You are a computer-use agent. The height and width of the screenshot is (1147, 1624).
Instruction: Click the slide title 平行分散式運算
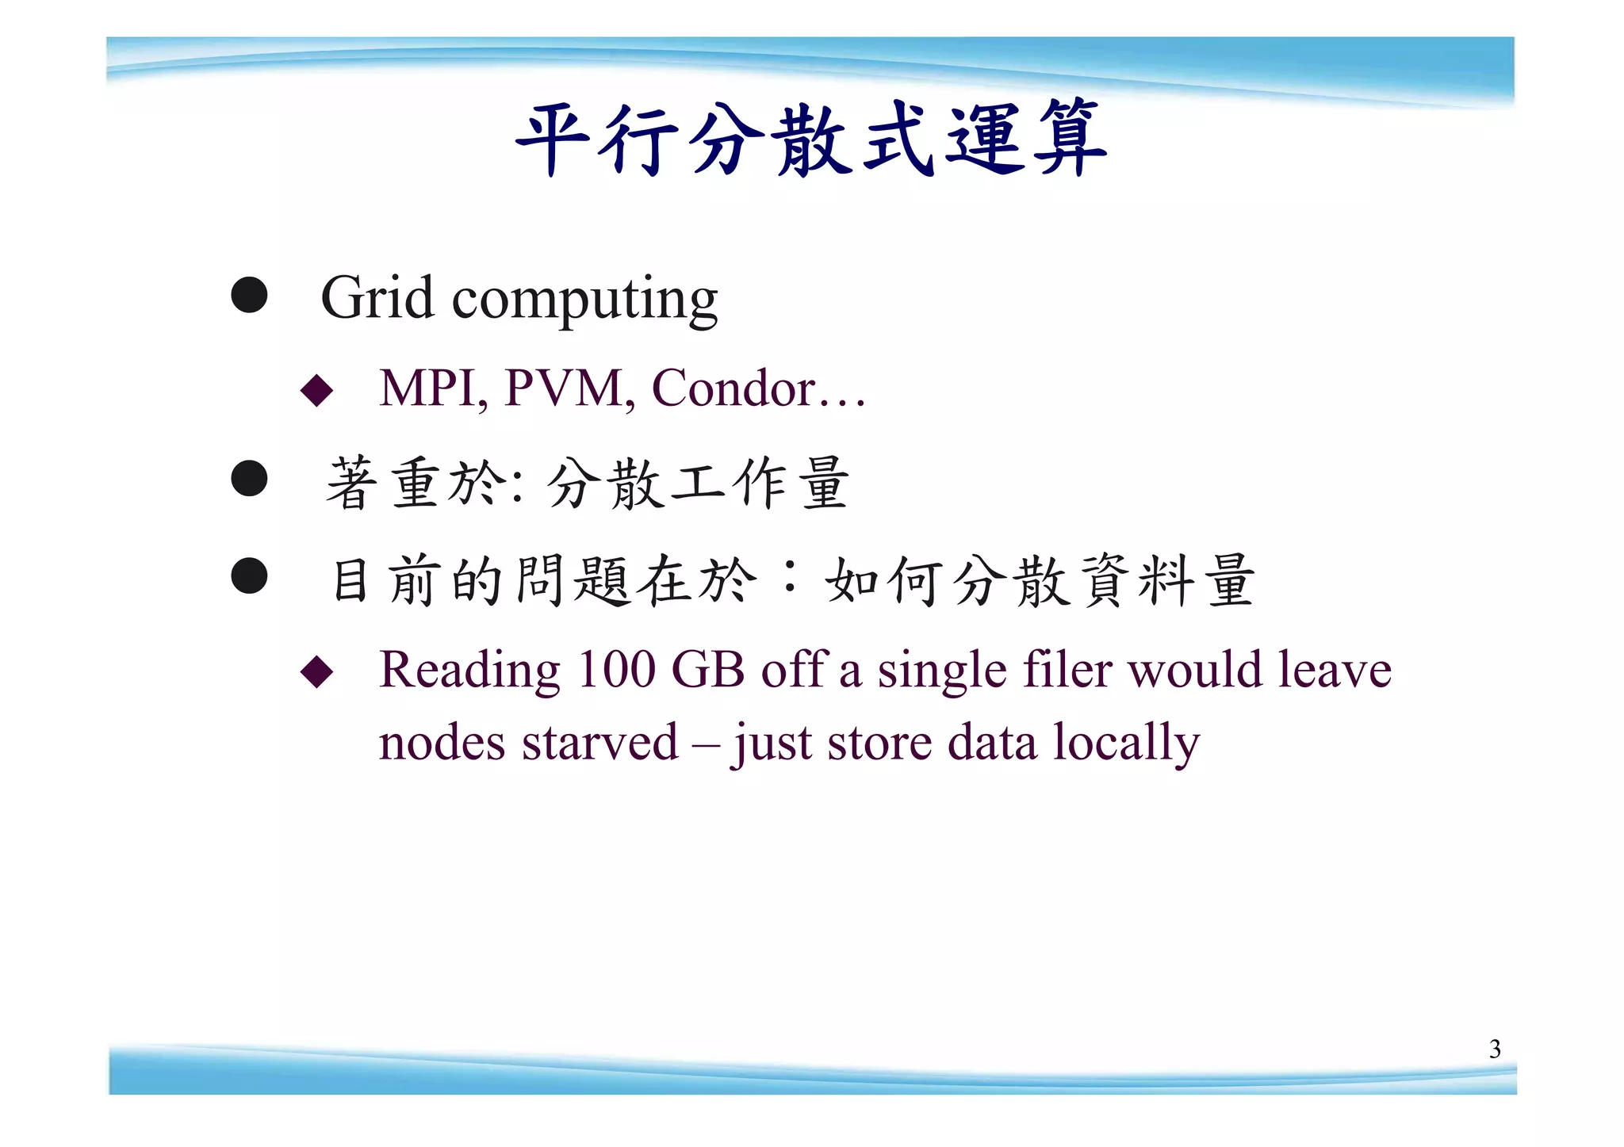[x=810, y=139]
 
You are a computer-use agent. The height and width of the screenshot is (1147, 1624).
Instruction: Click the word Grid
[x=377, y=298]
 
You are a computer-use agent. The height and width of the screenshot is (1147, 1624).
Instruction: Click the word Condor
[x=733, y=388]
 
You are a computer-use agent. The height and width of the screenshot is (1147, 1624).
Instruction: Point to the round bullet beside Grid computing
[x=249, y=295]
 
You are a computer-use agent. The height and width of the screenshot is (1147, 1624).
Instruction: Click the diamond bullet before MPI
[x=317, y=390]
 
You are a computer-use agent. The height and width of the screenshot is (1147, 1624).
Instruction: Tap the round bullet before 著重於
[x=249, y=478]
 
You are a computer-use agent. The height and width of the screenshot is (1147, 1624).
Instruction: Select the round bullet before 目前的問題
[x=249, y=575]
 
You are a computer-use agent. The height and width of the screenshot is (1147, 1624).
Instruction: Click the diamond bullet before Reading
[x=317, y=671]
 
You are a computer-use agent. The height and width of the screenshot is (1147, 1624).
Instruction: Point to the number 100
[x=616, y=670]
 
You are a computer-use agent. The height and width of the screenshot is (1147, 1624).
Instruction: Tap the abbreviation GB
[x=707, y=670]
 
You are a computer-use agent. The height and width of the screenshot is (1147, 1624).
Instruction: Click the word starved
[x=599, y=744]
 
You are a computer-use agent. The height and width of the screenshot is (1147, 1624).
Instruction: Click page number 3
[x=1495, y=1050]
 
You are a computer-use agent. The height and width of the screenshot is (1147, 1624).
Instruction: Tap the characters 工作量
[x=759, y=484]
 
